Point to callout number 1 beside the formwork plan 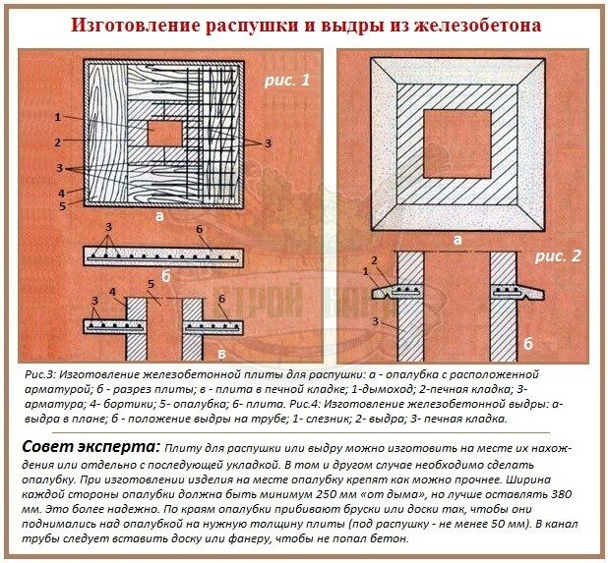pos(59,117)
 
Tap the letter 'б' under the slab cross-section pos(162,277)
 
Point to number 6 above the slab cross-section pos(199,230)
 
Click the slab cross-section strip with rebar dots pos(163,254)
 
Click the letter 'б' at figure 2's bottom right pos(527,344)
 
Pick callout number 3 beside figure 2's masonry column pos(373,320)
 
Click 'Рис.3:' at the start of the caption pos(43,376)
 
